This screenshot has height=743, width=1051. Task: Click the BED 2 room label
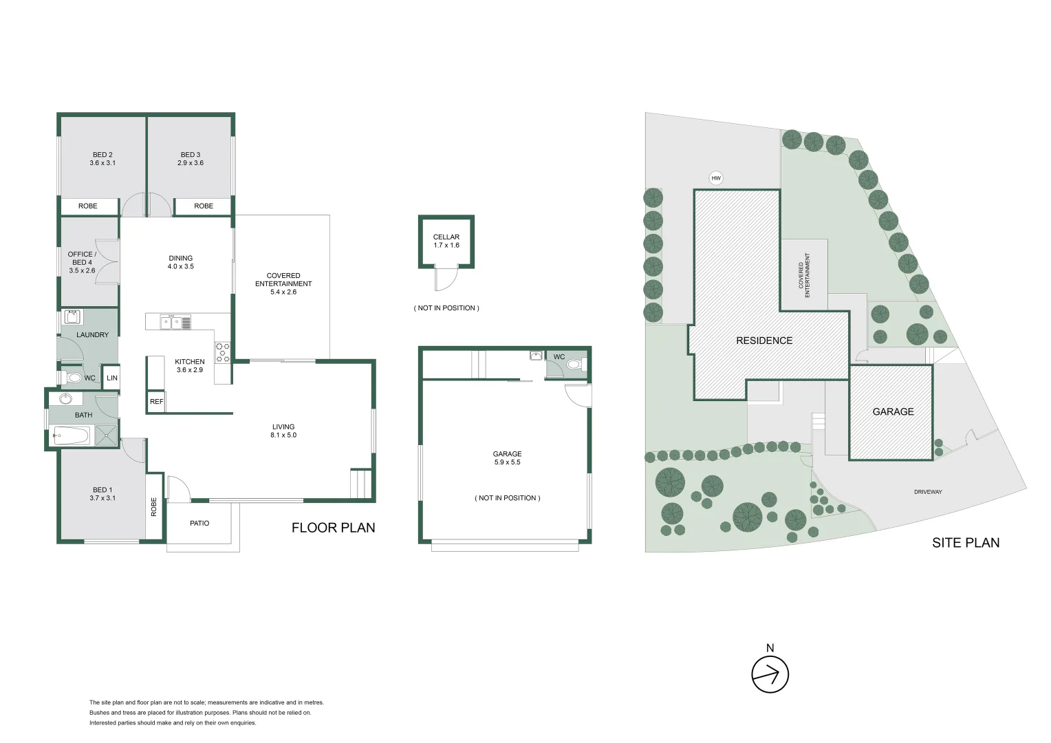pyautogui.click(x=102, y=155)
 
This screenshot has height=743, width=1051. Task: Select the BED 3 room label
pyautogui.click(x=191, y=155)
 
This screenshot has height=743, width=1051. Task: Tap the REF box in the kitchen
pyautogui.click(x=156, y=402)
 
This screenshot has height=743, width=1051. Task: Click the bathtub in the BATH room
pyautogui.click(x=71, y=435)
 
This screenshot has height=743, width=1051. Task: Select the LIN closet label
pyautogui.click(x=112, y=378)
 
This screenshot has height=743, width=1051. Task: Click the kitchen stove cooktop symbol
pyautogui.click(x=223, y=352)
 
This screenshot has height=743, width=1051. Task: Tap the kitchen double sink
pyautogui.click(x=171, y=321)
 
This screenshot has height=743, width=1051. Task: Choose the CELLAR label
pyautogui.click(x=446, y=237)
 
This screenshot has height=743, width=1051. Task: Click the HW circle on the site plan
pyautogui.click(x=716, y=179)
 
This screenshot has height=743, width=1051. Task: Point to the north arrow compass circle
pyautogui.click(x=770, y=674)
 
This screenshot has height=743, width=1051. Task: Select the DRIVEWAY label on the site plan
pyautogui.click(x=928, y=492)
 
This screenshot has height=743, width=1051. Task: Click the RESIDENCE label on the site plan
pyautogui.click(x=764, y=341)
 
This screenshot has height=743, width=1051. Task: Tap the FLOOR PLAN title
pyautogui.click(x=334, y=528)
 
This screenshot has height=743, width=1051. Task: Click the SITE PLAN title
pyautogui.click(x=965, y=543)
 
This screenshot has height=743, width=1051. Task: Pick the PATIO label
pyautogui.click(x=199, y=524)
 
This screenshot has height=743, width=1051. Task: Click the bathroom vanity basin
pyautogui.click(x=66, y=399)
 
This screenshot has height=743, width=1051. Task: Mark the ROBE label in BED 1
pyautogui.click(x=154, y=507)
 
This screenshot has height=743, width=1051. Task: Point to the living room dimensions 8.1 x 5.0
pyautogui.click(x=283, y=435)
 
